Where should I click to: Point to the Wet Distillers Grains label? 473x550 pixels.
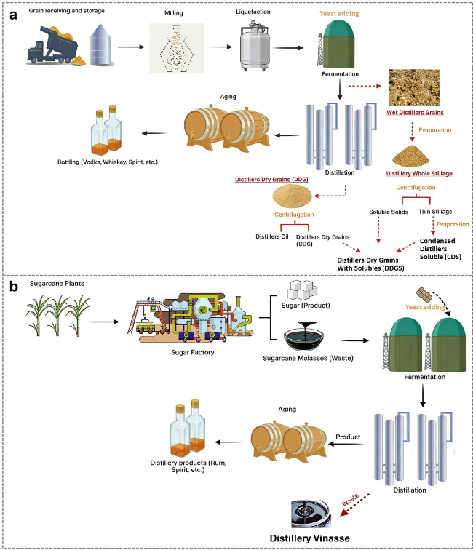pyautogui.click(x=416, y=113)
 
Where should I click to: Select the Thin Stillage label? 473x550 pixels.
pyautogui.click(x=434, y=212)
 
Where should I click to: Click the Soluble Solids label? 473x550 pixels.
pyautogui.click(x=389, y=212)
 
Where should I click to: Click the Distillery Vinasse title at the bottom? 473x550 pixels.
pyautogui.click(x=309, y=538)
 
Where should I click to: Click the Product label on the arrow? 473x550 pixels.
pyautogui.click(x=348, y=437)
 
